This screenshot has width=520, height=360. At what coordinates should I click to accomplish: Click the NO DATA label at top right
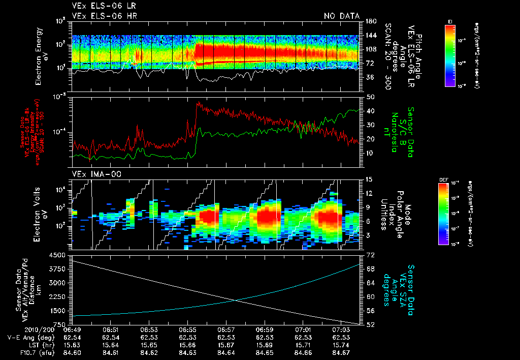click(x=341, y=16)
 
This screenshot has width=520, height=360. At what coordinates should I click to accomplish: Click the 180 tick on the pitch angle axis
click(x=370, y=21)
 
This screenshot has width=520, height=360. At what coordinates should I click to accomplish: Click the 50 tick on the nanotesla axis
click(x=370, y=97)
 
